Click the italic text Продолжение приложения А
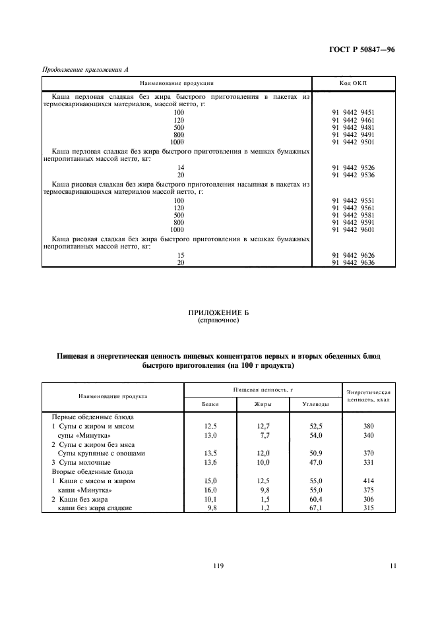point(79,71)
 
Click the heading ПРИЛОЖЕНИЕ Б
point(218,314)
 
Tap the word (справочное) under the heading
point(218,322)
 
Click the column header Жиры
point(263,403)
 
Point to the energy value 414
point(368,481)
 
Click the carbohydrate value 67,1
point(315,509)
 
